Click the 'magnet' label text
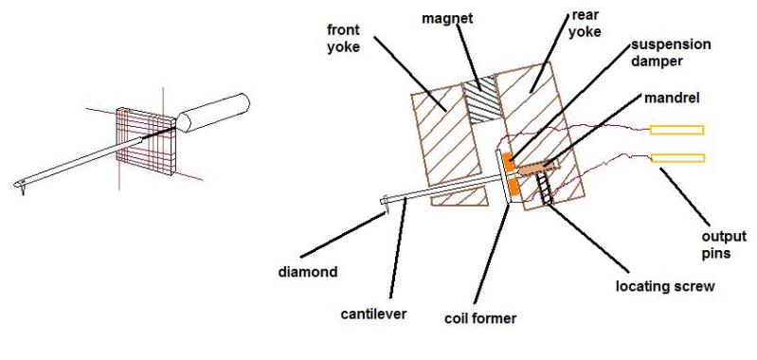[447, 19]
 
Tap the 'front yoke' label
[343, 39]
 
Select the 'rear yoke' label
[586, 24]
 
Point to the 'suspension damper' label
[671, 53]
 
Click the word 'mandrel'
[672, 98]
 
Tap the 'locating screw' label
[665, 286]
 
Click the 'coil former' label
[480, 319]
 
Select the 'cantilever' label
[373, 315]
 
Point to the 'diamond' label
[308, 272]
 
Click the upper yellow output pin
[676, 130]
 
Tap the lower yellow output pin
[677, 157]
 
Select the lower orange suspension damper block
[514, 187]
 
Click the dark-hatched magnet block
[479, 100]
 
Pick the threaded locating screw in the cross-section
[543, 189]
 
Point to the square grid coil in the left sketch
[145, 140]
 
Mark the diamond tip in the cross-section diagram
[386, 209]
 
